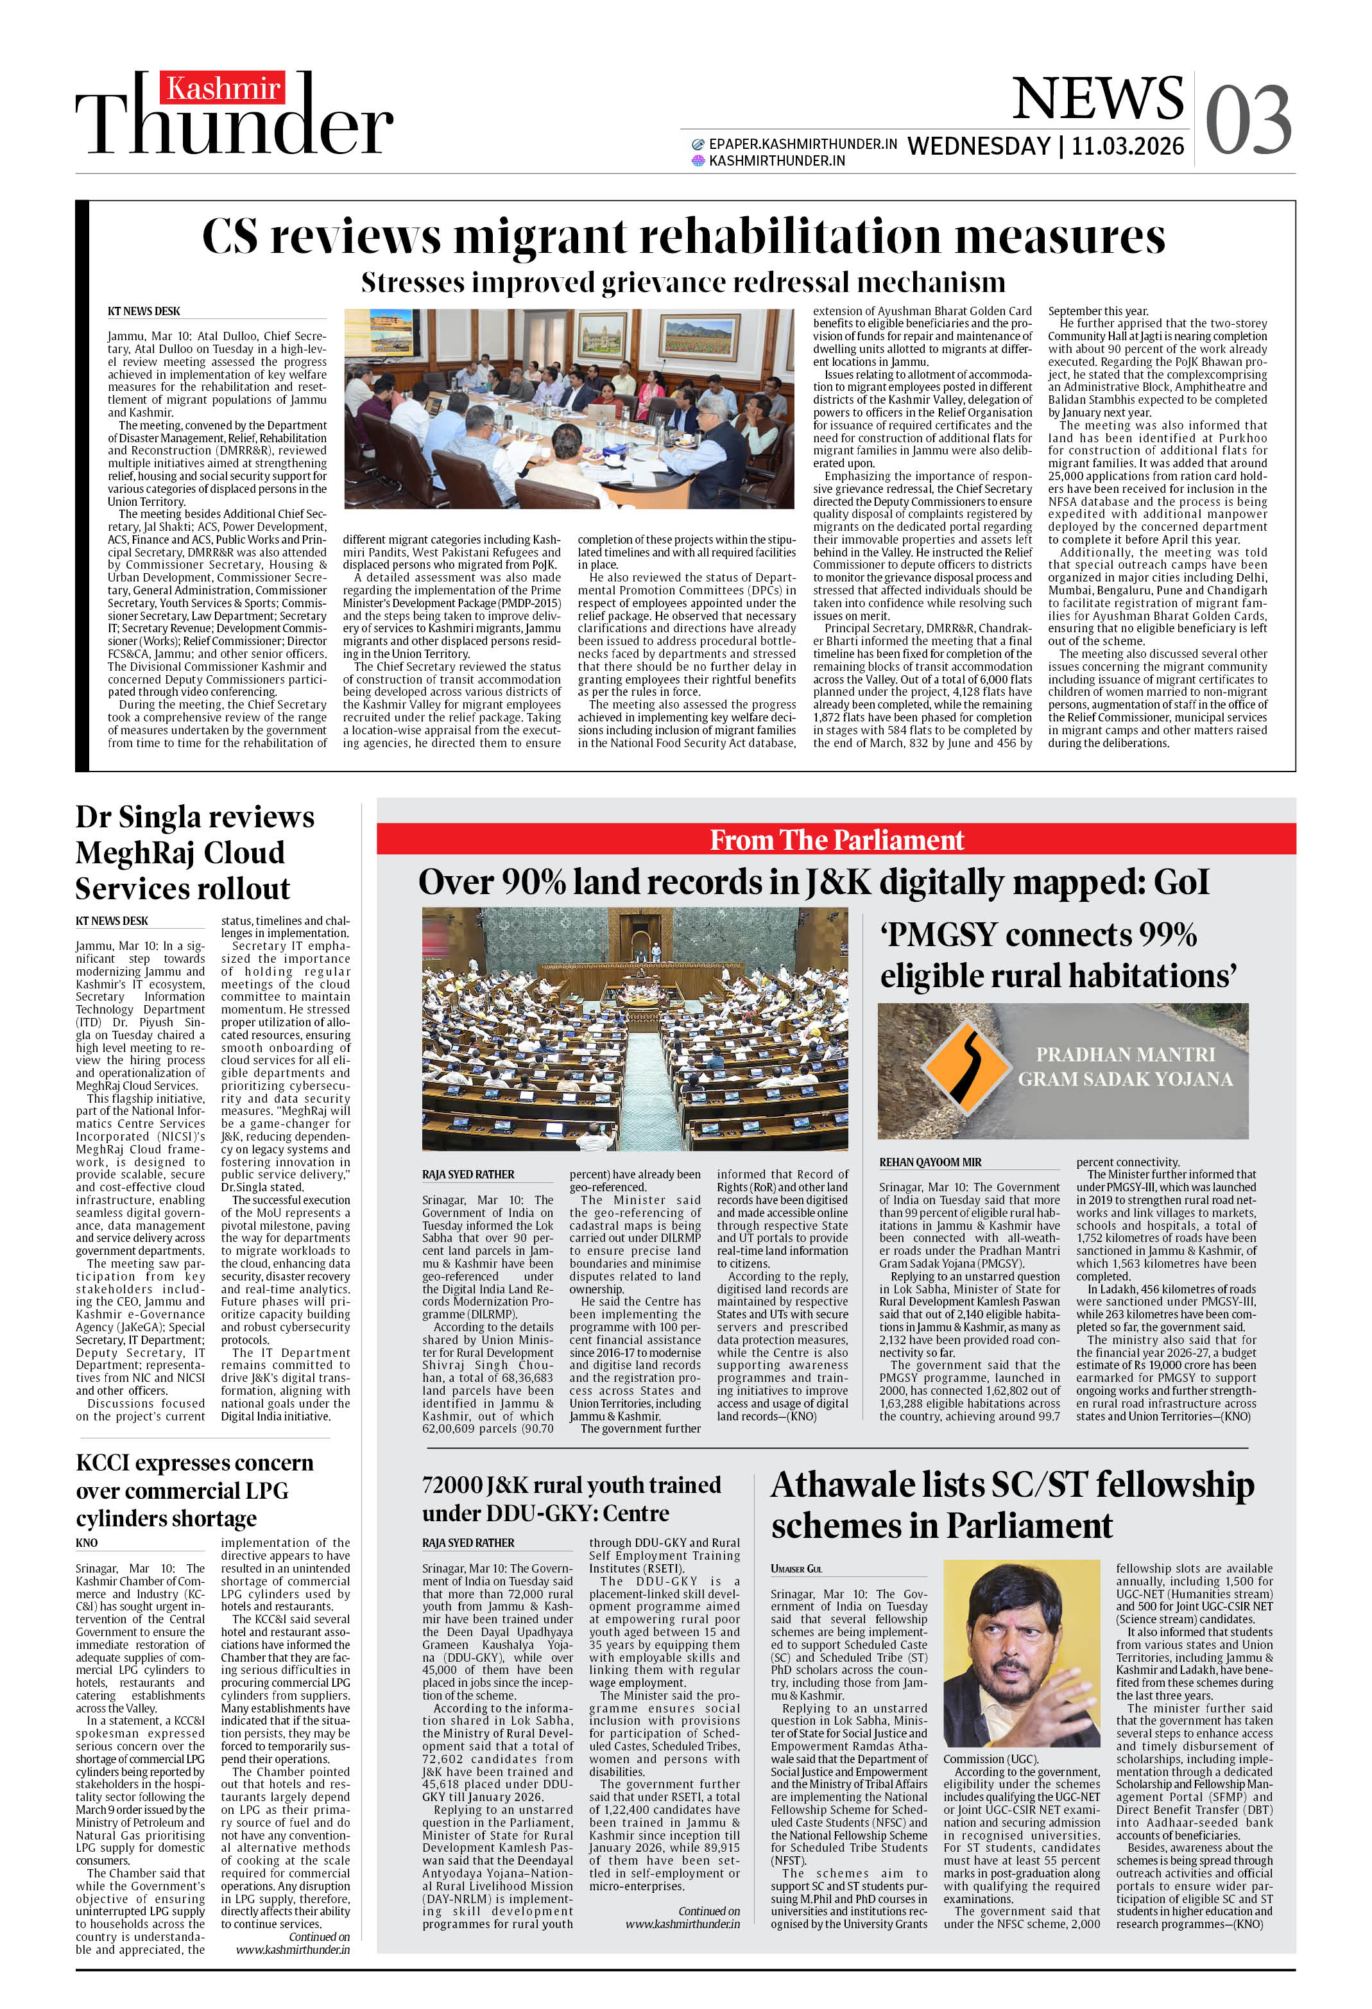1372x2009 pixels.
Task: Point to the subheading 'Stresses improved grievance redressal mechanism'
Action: (x=683, y=282)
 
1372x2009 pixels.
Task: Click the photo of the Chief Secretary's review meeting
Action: (x=568, y=408)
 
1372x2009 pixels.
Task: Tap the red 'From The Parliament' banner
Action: (x=836, y=840)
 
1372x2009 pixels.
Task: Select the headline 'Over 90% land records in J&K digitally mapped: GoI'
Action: (x=812, y=883)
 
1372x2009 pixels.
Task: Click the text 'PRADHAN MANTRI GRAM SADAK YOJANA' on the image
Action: (x=1125, y=1067)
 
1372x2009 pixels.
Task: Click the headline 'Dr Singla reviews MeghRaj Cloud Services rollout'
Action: (x=194, y=852)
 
